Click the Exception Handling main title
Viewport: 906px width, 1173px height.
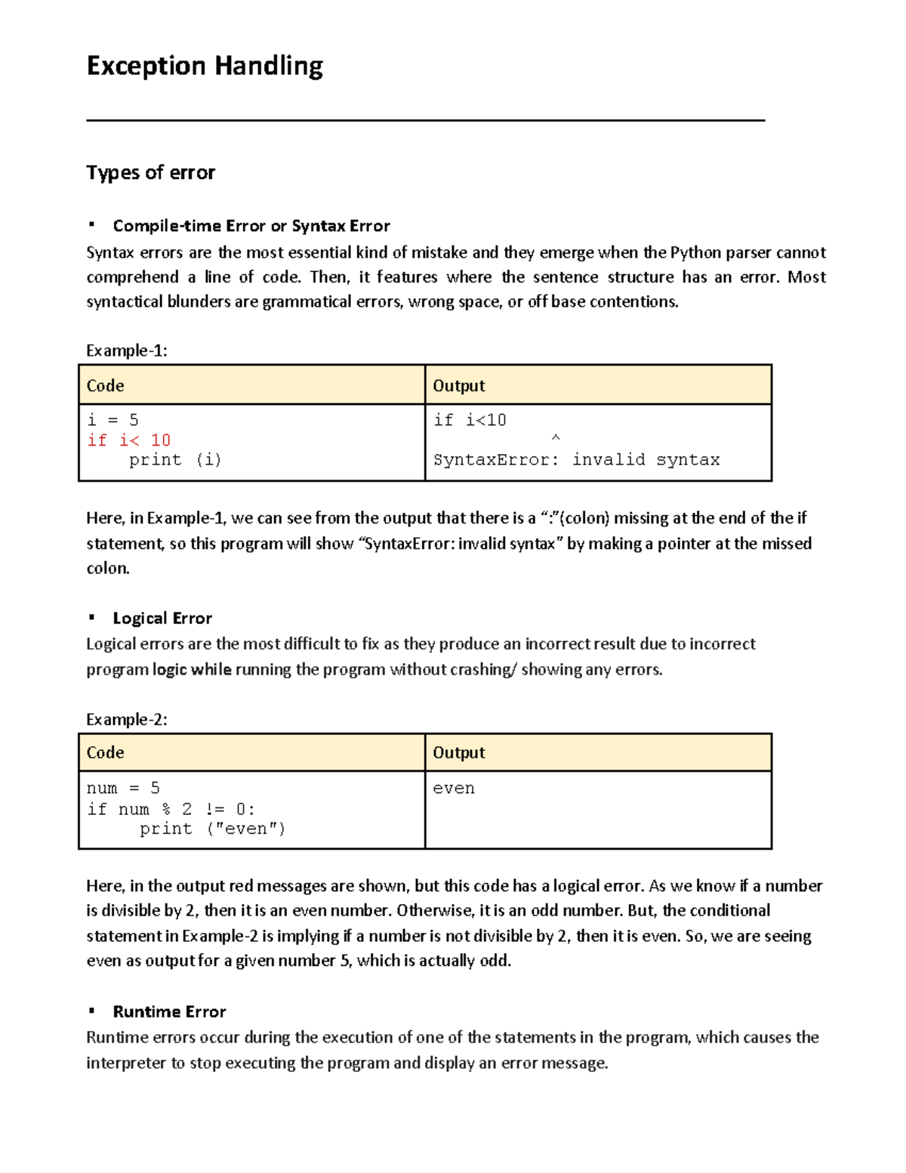pos(205,66)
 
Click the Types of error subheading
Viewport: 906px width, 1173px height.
pos(150,173)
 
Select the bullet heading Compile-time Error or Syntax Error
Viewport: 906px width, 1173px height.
pos(251,226)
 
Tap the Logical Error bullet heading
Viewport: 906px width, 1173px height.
pos(162,619)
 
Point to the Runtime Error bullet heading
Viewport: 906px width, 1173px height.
pos(169,1012)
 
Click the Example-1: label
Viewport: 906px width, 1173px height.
pos(126,350)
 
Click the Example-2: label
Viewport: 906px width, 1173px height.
pos(126,720)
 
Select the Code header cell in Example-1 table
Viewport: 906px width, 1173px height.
pos(105,386)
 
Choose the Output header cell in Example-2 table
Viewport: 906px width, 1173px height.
pos(458,753)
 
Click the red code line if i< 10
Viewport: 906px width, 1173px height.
pos(129,440)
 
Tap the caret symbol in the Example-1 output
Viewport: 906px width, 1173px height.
pos(556,438)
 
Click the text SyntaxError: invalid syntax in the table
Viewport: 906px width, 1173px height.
pos(576,460)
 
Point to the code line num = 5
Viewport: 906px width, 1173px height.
pos(123,789)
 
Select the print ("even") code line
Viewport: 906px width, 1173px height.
pos(212,829)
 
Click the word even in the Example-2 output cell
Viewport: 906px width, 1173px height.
pos(454,789)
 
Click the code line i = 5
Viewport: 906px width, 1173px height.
pos(112,420)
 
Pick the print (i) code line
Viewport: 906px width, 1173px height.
pos(174,460)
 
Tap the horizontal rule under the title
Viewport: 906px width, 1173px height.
pos(425,120)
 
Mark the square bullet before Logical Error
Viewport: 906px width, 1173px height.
pos(91,618)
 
